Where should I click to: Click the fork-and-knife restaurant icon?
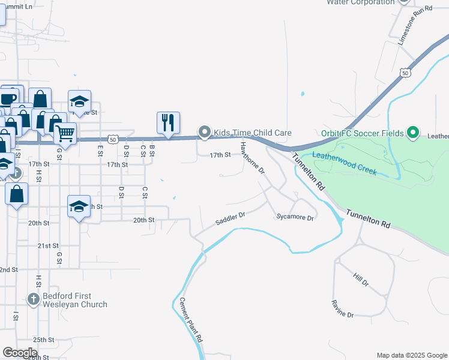169,122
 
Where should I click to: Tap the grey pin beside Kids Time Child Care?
205,132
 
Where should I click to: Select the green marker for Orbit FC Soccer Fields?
412,133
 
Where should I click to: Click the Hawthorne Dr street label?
252,158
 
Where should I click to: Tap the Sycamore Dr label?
295,218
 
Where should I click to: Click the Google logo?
20,353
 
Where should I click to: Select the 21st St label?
47,246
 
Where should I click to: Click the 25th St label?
43,340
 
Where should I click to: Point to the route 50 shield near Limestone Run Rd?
406,73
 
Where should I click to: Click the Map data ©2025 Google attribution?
411,355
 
